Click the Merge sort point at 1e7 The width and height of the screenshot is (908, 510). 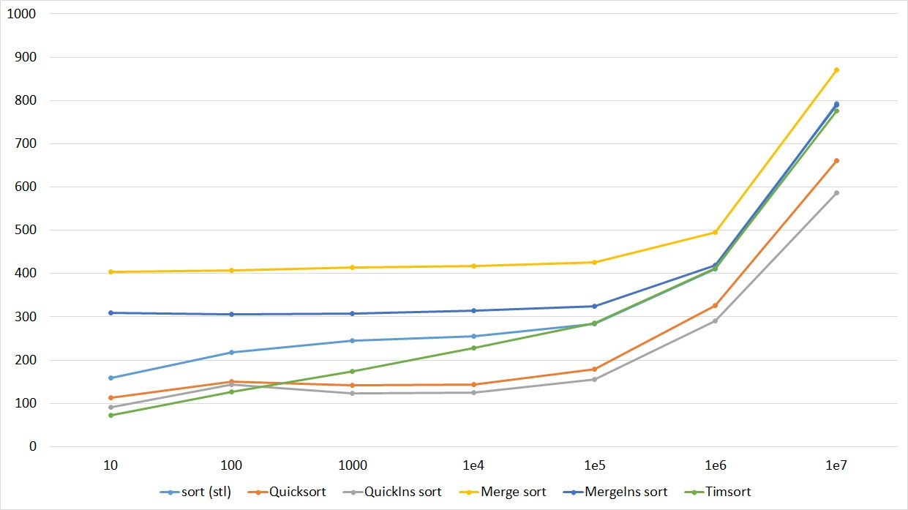click(x=836, y=70)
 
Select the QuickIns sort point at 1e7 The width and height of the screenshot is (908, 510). click(x=836, y=193)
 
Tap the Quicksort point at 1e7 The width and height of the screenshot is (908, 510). click(x=836, y=160)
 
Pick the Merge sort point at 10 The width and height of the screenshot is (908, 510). click(x=110, y=271)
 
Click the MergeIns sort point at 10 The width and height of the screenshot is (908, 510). click(x=110, y=312)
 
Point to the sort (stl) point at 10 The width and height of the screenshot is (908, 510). click(x=110, y=378)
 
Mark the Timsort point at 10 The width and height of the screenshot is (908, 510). click(x=110, y=415)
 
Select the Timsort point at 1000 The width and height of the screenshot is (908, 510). click(x=353, y=371)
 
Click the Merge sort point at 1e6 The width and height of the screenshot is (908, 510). click(x=715, y=232)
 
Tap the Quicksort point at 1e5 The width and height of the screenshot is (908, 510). click(x=594, y=369)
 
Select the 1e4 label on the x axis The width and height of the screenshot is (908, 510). click(x=473, y=465)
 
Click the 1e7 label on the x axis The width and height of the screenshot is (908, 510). click(x=836, y=465)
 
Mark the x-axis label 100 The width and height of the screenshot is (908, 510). click(x=231, y=465)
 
